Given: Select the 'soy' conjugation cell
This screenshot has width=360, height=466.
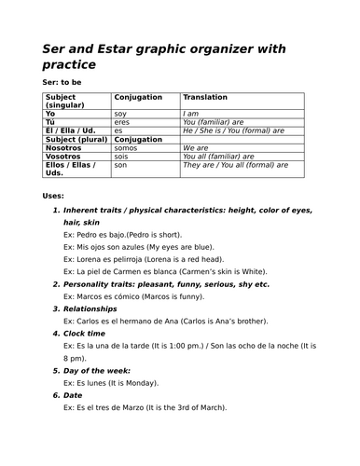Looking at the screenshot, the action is click(120, 112).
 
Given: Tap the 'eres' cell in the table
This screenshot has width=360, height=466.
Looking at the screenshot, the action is click(122, 121).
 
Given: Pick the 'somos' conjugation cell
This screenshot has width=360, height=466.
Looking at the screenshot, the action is click(125, 147).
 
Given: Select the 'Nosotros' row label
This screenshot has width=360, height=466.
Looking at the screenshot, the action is click(63, 147).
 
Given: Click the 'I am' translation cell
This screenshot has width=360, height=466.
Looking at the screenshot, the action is click(191, 112).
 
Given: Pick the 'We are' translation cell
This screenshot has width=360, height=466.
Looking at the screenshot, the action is click(196, 147).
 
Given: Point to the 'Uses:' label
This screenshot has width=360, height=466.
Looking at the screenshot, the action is click(54, 196).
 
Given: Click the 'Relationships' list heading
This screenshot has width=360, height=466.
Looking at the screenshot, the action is click(90, 308).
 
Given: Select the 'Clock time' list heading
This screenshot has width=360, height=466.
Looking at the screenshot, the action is click(85, 333).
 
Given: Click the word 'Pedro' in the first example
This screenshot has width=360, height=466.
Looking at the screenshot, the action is click(87, 235).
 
